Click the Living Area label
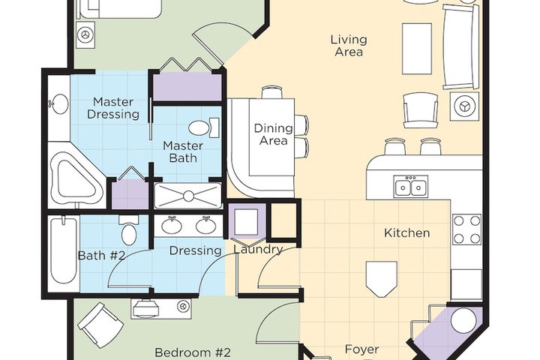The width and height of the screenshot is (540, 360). point(349,46)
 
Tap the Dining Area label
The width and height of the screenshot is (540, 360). point(274,134)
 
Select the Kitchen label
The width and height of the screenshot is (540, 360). point(406,233)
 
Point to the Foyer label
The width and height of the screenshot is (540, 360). point(362,349)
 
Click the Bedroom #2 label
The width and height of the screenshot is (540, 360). point(192,352)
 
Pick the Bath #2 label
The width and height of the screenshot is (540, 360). point(101,255)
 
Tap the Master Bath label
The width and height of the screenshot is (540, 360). point(184,151)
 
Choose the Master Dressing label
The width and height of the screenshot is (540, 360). point(113,108)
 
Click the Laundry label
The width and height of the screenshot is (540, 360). point(258,250)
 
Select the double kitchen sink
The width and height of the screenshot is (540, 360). point(411,186)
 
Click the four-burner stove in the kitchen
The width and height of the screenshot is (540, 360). point(466,229)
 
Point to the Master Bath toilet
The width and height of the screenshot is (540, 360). point(203,127)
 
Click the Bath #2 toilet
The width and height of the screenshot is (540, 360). point(129,230)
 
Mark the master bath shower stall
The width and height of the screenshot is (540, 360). point(188,196)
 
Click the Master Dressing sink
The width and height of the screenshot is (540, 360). point(59,103)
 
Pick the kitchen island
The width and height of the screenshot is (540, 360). point(381,279)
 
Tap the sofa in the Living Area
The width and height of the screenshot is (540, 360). point(460,47)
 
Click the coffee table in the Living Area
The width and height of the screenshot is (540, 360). point(417,49)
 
